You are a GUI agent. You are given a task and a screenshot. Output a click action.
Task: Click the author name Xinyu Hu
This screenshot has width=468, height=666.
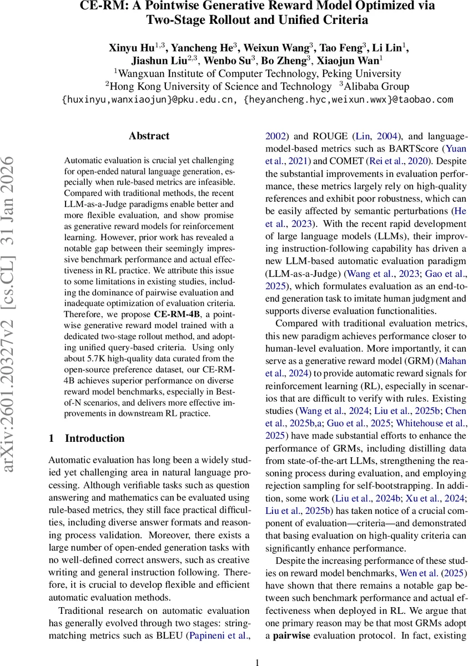tap(130, 48)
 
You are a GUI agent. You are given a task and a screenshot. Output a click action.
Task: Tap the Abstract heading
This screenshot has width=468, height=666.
tap(149, 135)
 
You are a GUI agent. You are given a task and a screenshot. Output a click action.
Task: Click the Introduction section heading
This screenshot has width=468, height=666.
tap(94, 438)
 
